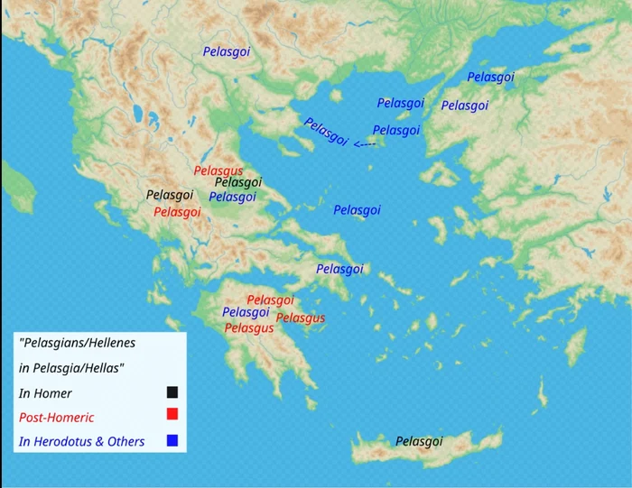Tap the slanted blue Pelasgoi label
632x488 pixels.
click(x=325, y=132)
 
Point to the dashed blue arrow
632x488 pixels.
click(x=365, y=144)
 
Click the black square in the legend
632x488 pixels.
click(x=172, y=391)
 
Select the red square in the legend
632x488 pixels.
click(x=172, y=414)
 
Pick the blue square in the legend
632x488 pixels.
click(x=172, y=440)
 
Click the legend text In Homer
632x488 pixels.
click(x=45, y=393)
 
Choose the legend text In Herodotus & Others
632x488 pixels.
click(x=81, y=442)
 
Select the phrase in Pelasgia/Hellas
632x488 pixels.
click(x=73, y=368)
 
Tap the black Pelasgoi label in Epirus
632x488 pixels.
click(x=170, y=194)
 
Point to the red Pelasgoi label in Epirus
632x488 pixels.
click(x=177, y=212)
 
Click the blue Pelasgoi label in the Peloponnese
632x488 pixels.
click(x=246, y=312)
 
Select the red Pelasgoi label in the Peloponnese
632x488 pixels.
click(x=270, y=299)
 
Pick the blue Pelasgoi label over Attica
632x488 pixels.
click(x=339, y=269)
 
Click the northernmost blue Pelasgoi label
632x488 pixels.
click(x=227, y=52)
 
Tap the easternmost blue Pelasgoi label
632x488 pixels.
click(x=490, y=78)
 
